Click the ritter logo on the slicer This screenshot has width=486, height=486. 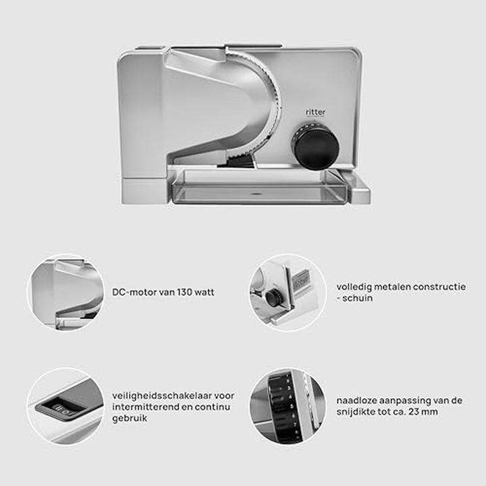coord(315,112)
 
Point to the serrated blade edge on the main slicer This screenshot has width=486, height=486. coord(269,105)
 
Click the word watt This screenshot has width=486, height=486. coord(205,292)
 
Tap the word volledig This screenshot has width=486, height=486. coord(354,287)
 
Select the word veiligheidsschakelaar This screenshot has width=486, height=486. coord(162,396)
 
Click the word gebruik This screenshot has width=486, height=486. coord(130,418)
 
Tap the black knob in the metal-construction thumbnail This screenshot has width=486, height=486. coord(273,298)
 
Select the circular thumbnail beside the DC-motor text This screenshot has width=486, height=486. coord(66,292)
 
